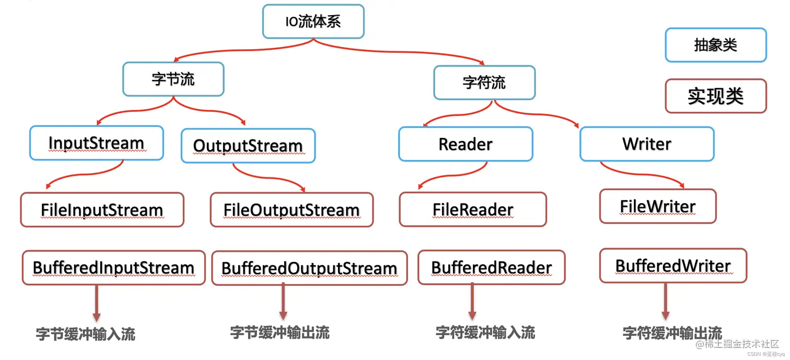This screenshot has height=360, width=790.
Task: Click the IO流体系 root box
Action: pyautogui.click(x=313, y=22)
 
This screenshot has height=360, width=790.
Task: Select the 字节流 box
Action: pyautogui.click(x=173, y=79)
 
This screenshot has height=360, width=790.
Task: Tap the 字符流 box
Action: pyautogui.click(x=484, y=83)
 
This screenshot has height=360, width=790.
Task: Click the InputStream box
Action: pyautogui.click(x=96, y=143)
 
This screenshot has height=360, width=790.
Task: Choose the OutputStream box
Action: pyautogui.click(x=248, y=146)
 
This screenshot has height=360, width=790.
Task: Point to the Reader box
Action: pyautogui.click(x=465, y=144)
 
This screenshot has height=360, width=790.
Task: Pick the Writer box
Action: pyautogui.click(x=646, y=144)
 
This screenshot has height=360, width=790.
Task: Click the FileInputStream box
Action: pyautogui.click(x=102, y=210)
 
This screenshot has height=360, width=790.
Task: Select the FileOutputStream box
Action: pyautogui.click(x=292, y=210)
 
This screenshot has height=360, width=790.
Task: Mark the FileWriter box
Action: pyautogui.click(x=657, y=207)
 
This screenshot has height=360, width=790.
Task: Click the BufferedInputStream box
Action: pyautogui.click(x=113, y=268)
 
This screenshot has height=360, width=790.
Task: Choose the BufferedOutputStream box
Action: pyautogui.click(x=309, y=269)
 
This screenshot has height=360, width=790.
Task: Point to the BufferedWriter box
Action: pyautogui.click(x=673, y=266)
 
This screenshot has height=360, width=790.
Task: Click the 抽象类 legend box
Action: pyautogui.click(x=715, y=45)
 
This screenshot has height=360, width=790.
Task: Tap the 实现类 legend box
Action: pyautogui.click(x=715, y=96)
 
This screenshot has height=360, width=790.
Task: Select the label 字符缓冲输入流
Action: pyautogui.click(x=485, y=332)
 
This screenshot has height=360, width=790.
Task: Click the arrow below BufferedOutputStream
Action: pyautogui.click(x=283, y=302)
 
